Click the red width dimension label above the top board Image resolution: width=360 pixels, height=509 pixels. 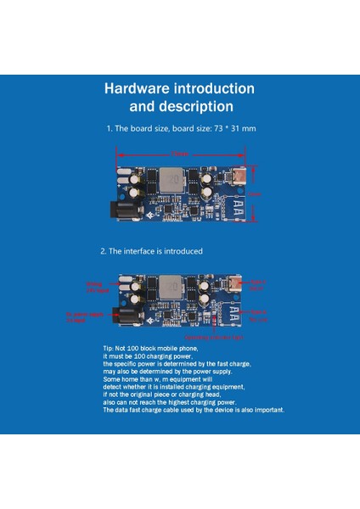[180, 154]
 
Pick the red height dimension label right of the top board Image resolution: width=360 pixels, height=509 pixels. [256, 194]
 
